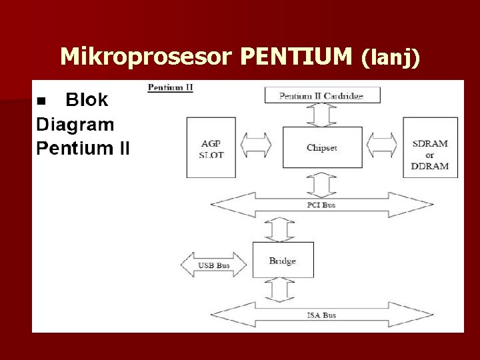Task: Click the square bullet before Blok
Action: point(42,101)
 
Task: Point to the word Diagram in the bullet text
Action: point(75,124)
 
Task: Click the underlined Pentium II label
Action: point(170,87)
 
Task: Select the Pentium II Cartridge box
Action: point(322,95)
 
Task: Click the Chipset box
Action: point(322,148)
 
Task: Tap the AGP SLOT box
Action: point(212,147)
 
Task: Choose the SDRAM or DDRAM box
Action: point(430,147)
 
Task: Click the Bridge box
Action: point(283,260)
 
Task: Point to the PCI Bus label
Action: point(321,205)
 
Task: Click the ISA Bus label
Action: point(321,315)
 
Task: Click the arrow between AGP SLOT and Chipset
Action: point(255,144)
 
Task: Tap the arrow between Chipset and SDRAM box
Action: point(382,144)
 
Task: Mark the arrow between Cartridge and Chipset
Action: point(322,115)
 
